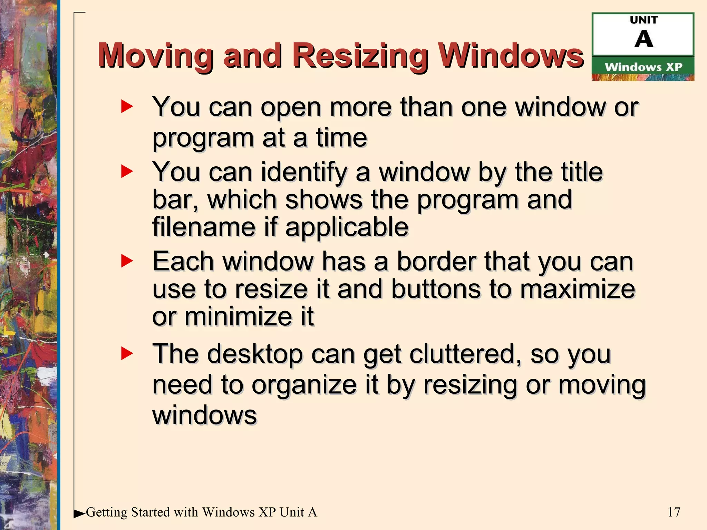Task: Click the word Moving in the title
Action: point(155,56)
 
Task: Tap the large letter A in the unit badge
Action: point(643,39)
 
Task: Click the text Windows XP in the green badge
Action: point(643,67)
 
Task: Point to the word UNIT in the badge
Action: point(644,20)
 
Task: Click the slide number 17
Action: point(674,512)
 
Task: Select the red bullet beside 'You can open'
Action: point(127,107)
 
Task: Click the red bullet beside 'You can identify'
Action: point(127,171)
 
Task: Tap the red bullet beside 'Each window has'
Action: point(127,261)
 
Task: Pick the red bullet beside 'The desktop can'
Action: point(127,354)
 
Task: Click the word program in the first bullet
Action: point(203,138)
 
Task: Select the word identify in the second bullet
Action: point(304,172)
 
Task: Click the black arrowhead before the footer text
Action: point(79,514)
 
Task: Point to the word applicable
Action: point(347,227)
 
